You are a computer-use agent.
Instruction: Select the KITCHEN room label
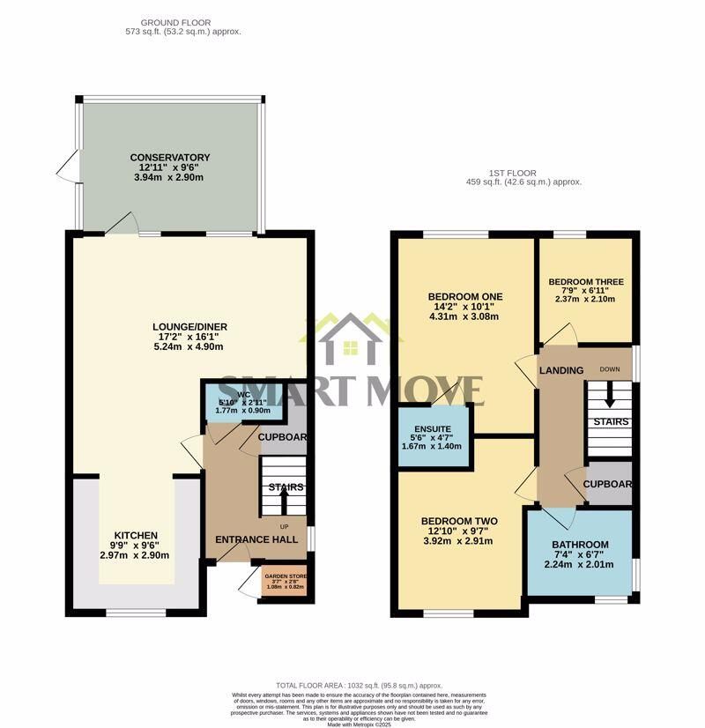point(135,535)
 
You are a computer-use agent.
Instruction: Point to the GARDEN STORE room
point(285,581)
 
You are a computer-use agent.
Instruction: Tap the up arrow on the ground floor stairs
point(284,501)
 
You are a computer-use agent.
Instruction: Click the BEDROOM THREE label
point(585,282)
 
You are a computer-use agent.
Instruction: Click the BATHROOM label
point(580,545)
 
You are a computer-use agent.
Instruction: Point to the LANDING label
point(561,370)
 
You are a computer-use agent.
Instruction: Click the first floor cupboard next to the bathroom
point(609,484)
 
